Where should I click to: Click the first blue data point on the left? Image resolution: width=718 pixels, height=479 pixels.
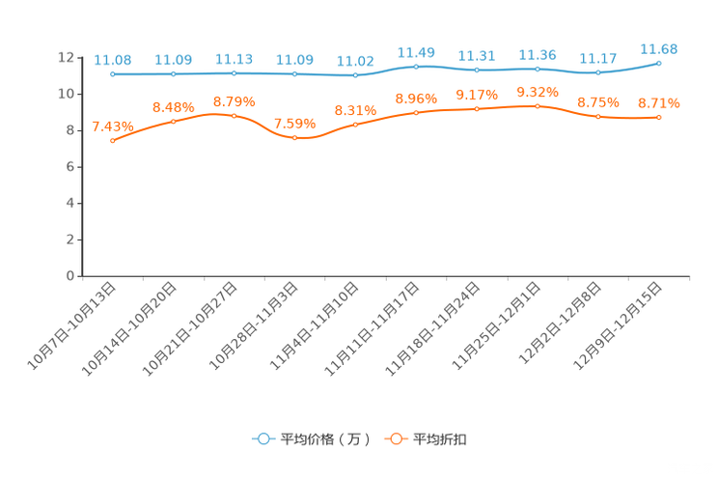point(113,73)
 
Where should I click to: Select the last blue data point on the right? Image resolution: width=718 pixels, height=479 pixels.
point(659,63)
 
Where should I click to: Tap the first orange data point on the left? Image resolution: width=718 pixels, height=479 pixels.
point(113,141)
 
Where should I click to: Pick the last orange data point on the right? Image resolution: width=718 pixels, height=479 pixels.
point(659,117)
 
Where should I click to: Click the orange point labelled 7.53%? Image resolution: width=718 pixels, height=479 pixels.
point(294,138)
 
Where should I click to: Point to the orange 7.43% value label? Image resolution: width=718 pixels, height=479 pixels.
point(112,127)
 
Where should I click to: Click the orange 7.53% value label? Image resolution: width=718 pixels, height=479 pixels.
point(292,124)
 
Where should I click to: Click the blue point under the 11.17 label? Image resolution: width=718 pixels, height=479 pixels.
point(598,72)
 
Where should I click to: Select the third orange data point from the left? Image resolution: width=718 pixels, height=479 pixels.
point(234,115)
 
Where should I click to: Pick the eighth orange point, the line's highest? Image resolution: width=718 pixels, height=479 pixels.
point(538,104)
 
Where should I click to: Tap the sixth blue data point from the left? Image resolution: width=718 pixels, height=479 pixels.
point(416,67)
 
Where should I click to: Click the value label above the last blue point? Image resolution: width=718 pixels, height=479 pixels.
point(660,48)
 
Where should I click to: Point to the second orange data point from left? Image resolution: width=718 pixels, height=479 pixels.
point(174,122)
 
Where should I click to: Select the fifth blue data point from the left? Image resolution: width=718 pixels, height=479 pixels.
point(355,74)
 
